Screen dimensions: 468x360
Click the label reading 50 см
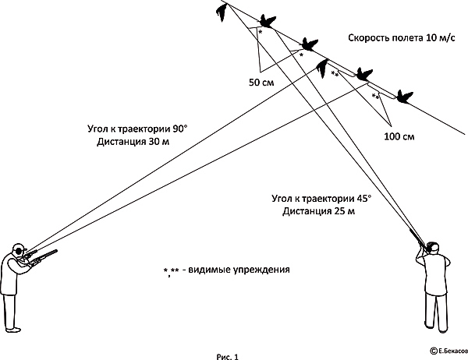pos(261,83)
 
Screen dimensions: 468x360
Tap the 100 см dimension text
pos(399,136)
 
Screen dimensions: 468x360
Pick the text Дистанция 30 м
pos(133,142)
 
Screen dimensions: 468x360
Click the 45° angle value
pos(363,199)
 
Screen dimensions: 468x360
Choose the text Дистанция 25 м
pos(319,211)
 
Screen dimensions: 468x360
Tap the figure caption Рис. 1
pos(228,356)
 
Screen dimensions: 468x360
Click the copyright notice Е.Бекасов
pos(449,351)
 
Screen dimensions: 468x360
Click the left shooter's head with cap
pos(19,249)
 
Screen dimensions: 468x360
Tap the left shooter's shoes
pos(13,330)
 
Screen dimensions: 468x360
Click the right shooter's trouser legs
pos(436,312)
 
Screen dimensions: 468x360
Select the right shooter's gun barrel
pos(417,238)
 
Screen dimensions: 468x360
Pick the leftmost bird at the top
pos(222,12)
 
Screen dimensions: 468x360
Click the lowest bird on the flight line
pos(405,97)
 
